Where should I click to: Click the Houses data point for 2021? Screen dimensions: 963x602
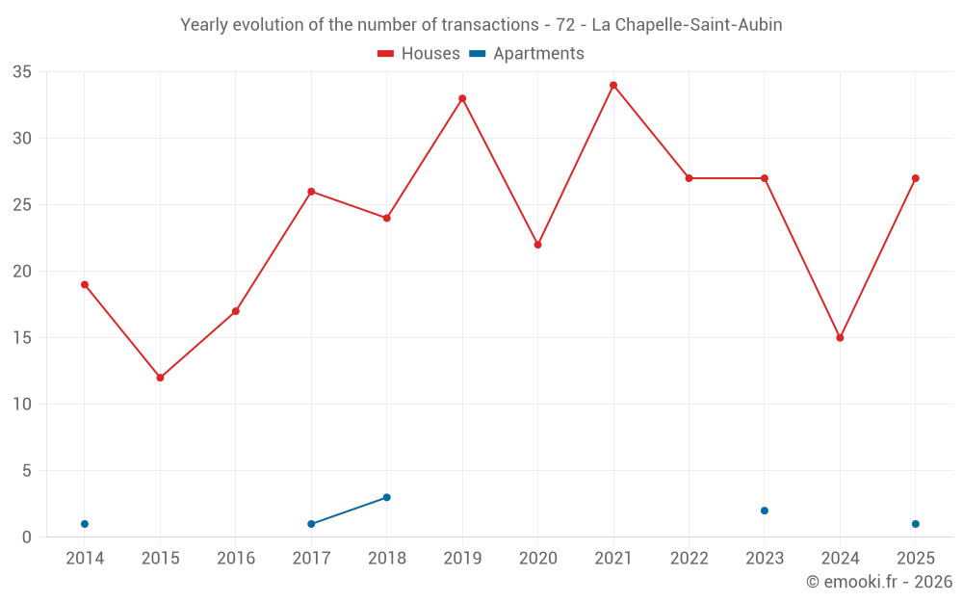[x=613, y=86]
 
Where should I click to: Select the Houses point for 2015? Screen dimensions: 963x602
[x=160, y=378]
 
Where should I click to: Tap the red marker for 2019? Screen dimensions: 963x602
[x=462, y=98]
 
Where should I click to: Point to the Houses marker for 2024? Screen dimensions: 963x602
[x=840, y=338]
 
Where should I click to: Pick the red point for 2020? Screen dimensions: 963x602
[x=538, y=245]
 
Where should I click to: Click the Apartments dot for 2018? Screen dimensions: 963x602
[x=387, y=498]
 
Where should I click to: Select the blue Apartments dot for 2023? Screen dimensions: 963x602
[x=765, y=510]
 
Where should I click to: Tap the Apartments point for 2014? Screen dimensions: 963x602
[x=85, y=524]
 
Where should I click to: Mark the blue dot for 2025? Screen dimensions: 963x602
[x=916, y=524]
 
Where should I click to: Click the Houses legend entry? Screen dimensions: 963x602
[x=419, y=53]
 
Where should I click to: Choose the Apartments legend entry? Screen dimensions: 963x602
[x=527, y=53]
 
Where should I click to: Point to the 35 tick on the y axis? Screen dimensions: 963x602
[x=22, y=72]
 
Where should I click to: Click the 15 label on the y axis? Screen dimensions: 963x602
[x=22, y=338]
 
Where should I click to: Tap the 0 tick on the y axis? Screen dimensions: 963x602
[x=26, y=537]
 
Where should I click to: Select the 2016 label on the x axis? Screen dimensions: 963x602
[x=236, y=558]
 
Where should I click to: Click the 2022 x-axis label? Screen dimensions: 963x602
[x=690, y=558]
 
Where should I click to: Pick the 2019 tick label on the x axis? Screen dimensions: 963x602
[x=462, y=558]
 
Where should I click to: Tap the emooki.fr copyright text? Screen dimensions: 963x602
[x=879, y=581]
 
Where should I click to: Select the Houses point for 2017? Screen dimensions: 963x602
[x=311, y=192]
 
